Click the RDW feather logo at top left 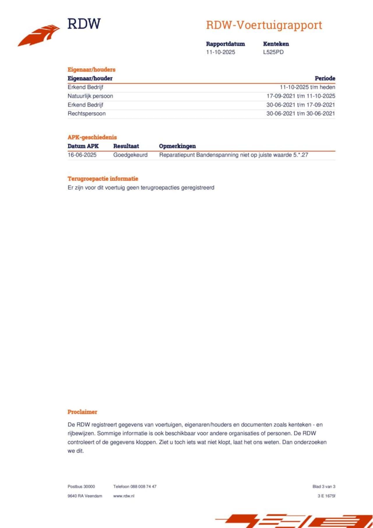coord(39,35)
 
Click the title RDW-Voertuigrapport coord(264,25)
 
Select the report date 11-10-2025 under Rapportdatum coord(220,52)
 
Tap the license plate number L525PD coord(273,52)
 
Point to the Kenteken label coord(276,44)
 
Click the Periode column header coord(325,78)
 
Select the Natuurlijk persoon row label coord(90,96)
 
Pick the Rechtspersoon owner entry coord(87,114)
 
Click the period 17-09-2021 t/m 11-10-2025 coord(300,96)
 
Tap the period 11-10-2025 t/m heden coord(307,87)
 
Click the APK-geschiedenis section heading coord(92,137)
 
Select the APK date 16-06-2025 coord(82,155)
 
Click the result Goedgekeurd coord(130,155)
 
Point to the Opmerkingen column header coord(177,146)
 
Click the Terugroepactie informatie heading coord(103,179)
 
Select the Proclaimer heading coord(82,412)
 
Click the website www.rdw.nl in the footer coord(124,496)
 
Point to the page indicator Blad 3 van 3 coord(324,487)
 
